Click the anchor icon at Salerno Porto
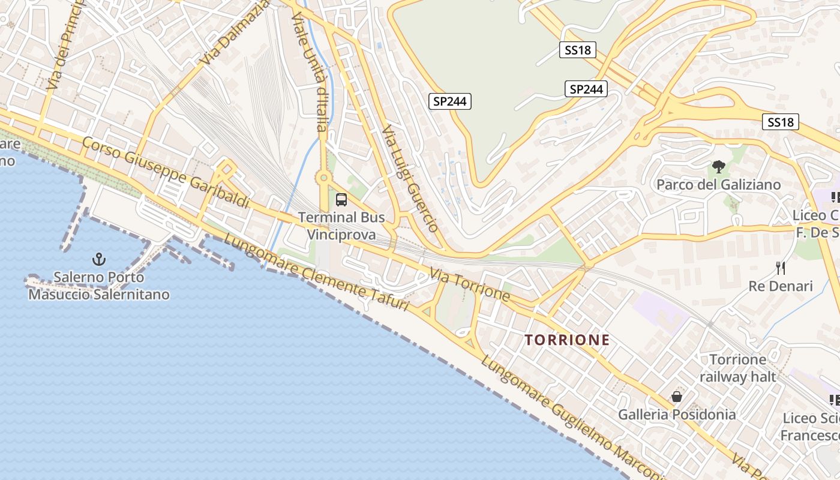(98, 259)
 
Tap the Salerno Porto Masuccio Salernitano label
(99, 286)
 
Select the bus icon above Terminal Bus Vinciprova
(341, 200)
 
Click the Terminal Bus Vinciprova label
(341, 226)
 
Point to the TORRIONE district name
(567, 340)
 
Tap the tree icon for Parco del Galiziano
(718, 167)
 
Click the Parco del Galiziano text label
(718, 184)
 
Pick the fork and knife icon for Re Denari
(780, 268)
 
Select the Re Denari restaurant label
(780, 286)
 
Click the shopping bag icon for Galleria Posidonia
(677, 397)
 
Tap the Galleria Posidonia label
(677, 415)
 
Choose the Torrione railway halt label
(737, 368)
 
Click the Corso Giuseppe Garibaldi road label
(165, 173)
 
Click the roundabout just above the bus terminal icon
(324, 178)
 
